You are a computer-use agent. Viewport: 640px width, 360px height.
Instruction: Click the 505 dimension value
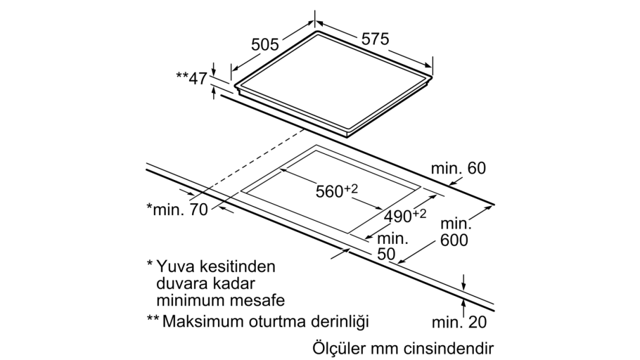click(x=265, y=44)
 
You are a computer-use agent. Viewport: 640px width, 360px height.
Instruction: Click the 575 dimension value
click(x=376, y=39)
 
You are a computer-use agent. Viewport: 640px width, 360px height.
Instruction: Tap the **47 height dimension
click(x=192, y=78)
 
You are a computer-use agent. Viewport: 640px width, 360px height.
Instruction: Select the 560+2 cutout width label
click(x=337, y=191)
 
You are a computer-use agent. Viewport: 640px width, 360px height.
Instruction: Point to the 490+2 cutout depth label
click(x=405, y=216)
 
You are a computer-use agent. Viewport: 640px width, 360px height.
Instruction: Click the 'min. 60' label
click(x=459, y=168)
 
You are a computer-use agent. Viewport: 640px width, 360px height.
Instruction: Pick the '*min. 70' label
click(x=177, y=209)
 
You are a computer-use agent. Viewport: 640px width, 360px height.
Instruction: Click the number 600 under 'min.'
click(x=454, y=240)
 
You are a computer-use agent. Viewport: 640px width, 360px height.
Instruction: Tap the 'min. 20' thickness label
click(x=459, y=323)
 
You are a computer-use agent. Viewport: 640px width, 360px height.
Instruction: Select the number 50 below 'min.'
click(x=386, y=254)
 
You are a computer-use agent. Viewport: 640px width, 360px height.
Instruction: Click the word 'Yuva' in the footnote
click(x=174, y=266)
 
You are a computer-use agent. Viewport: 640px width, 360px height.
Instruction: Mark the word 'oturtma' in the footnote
click(x=274, y=321)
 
